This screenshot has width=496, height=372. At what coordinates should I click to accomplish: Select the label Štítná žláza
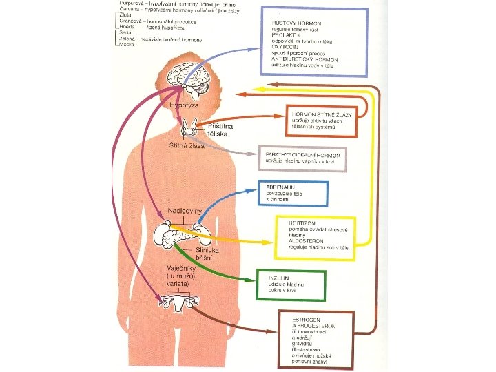[x=186, y=146]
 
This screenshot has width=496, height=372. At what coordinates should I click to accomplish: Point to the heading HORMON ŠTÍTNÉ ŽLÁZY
[x=321, y=114]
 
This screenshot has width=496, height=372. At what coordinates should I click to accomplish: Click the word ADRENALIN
[x=278, y=187]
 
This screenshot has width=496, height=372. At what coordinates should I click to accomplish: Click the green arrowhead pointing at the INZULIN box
[x=251, y=281]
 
